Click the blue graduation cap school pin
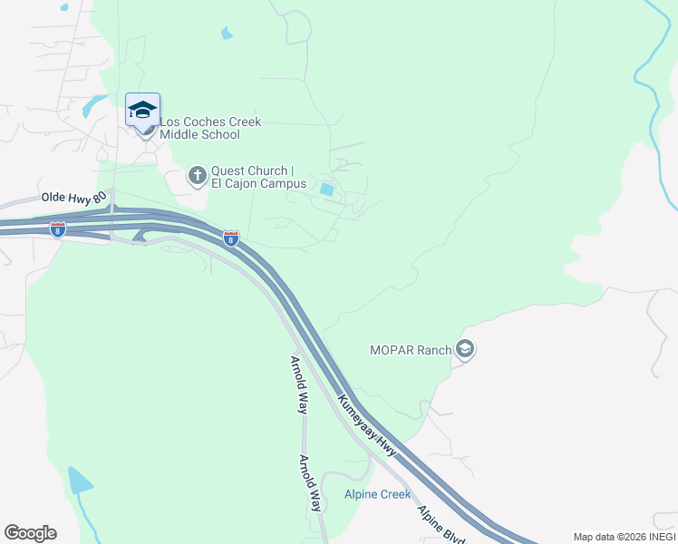[142, 109]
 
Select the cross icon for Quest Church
[198, 175]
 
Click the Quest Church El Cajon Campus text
[253, 177]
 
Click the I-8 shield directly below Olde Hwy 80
[58, 228]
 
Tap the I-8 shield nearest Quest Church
[231, 238]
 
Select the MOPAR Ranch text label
[411, 350]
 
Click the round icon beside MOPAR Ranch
[465, 349]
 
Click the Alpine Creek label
[377, 494]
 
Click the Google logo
[30, 533]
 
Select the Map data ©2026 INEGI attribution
[624, 537]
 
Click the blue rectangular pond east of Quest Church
[326, 190]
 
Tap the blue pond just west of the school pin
[93, 107]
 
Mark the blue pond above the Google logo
[79, 481]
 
